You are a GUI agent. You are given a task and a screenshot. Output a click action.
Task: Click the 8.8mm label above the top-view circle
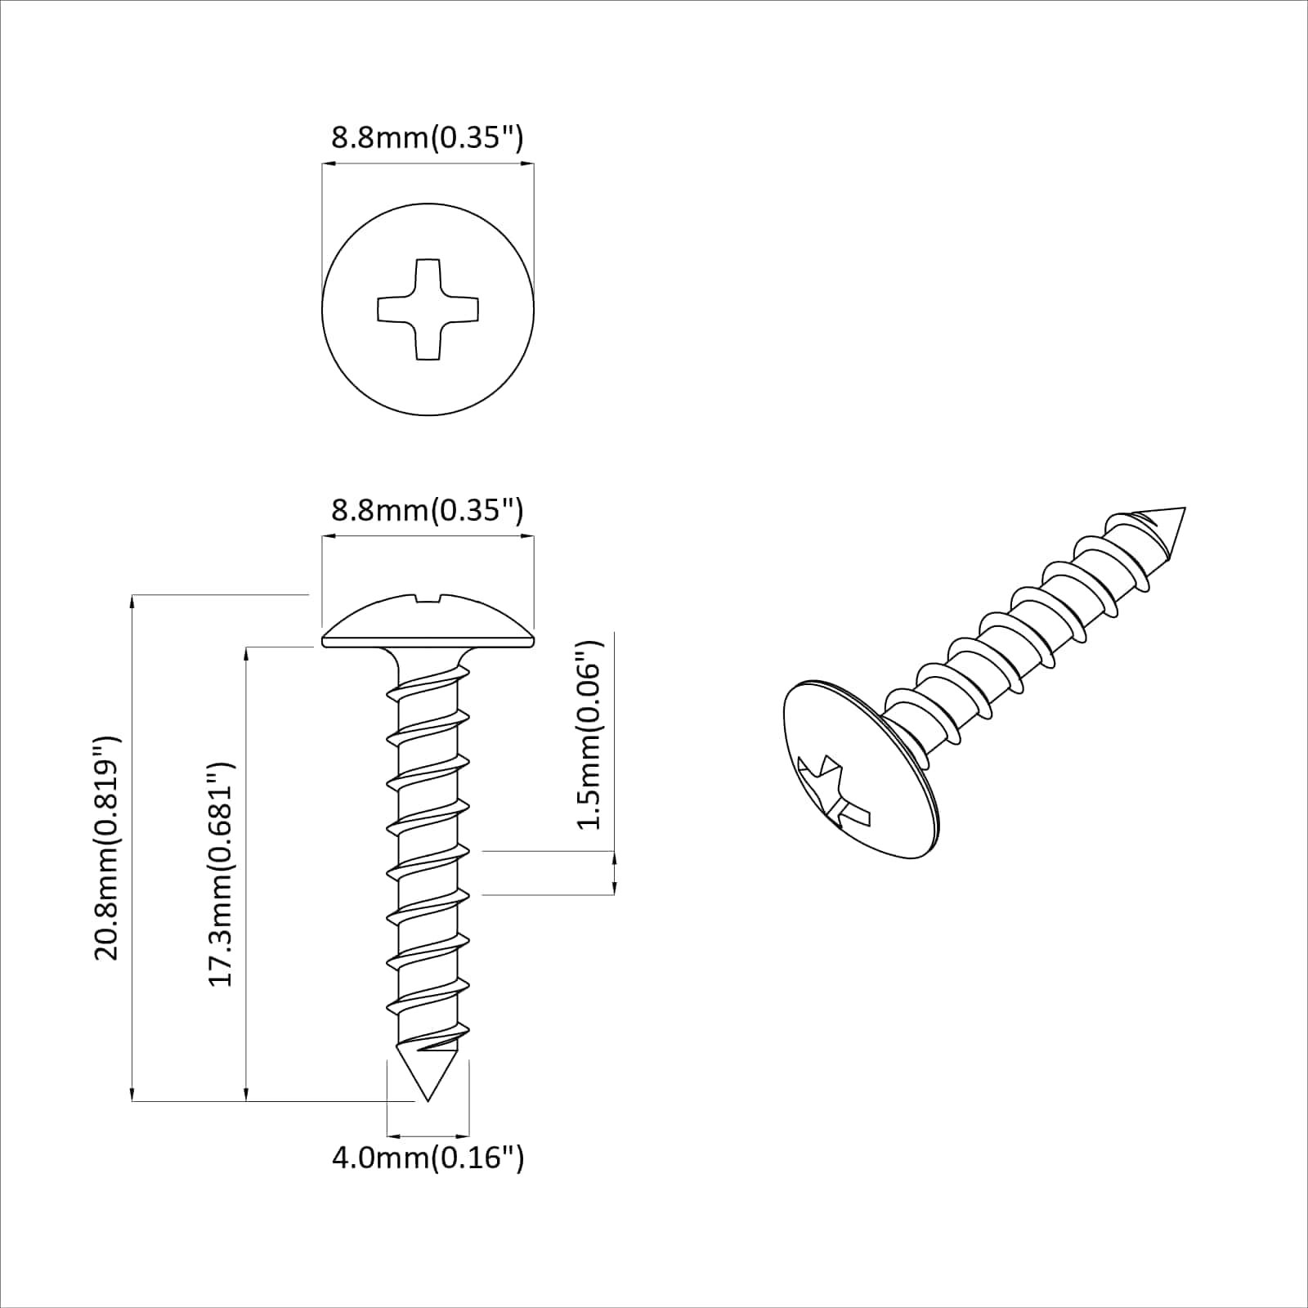click(427, 137)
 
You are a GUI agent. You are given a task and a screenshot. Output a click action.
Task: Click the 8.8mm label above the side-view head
click(427, 510)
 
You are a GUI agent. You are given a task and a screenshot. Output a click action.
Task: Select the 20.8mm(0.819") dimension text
click(108, 848)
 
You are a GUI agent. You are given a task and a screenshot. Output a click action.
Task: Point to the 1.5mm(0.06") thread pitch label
click(589, 734)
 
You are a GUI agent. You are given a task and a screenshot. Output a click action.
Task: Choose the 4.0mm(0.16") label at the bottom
click(428, 1158)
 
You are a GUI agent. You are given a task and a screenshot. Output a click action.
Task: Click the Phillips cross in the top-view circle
click(428, 309)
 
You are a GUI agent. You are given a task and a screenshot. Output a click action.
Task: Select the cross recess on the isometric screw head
click(834, 791)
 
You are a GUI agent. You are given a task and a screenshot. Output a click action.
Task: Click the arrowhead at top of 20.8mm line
click(132, 602)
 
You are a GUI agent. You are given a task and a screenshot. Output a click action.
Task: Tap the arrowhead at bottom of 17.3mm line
click(246, 1095)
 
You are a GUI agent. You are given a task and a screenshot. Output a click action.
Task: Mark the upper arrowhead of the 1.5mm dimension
click(614, 858)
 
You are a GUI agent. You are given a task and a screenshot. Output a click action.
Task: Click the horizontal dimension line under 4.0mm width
click(428, 1136)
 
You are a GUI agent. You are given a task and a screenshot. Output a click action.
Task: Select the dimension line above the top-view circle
click(428, 164)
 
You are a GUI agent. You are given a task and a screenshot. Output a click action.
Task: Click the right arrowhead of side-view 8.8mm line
click(528, 537)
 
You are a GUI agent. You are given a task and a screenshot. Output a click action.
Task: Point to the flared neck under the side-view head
click(428, 659)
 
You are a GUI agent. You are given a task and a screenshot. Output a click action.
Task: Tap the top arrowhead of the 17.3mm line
click(246, 653)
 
